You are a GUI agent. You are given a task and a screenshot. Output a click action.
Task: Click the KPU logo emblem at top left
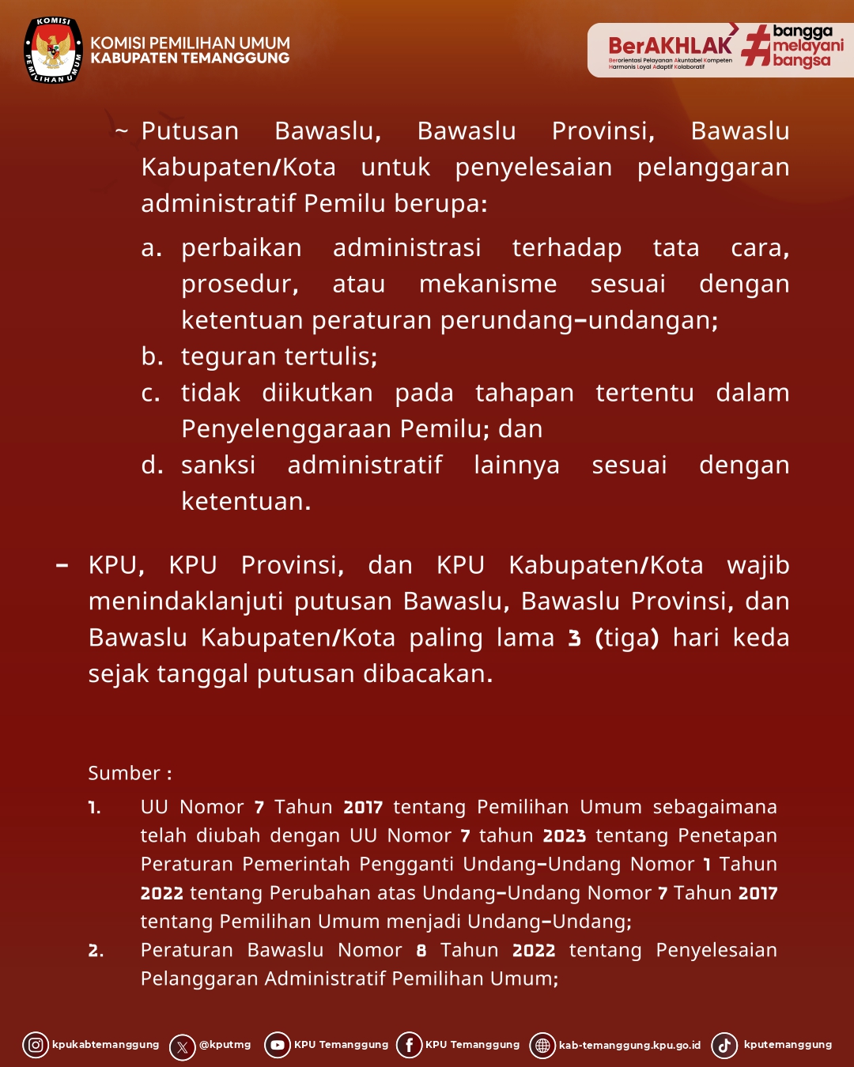[53, 51]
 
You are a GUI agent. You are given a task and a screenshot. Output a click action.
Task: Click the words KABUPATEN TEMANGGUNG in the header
[190, 58]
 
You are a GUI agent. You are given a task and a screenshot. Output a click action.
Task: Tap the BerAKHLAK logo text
[670, 46]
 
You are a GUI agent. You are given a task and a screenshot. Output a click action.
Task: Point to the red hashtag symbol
[756, 45]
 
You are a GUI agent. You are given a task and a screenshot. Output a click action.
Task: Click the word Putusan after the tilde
[190, 131]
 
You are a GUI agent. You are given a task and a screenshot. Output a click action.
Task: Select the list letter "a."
[151, 248]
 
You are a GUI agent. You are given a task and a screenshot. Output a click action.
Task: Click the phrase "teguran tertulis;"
[279, 356]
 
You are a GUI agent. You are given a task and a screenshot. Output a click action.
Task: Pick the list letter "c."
[151, 393]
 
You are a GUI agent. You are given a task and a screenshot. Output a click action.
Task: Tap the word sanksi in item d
[218, 465]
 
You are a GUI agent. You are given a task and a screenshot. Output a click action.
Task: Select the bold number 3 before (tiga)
[575, 638]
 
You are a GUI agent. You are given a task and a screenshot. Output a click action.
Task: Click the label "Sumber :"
[130, 773]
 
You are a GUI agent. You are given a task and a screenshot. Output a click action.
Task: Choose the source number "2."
[96, 951]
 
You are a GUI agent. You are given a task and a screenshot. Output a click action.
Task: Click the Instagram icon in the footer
[36, 1045]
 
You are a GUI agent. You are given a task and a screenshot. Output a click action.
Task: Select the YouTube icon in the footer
[278, 1045]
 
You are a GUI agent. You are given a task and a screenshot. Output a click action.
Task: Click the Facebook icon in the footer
[409, 1045]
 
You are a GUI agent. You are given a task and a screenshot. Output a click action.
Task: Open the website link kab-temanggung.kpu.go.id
[629, 1046]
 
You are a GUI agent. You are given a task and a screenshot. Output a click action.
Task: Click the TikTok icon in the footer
[724, 1045]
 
